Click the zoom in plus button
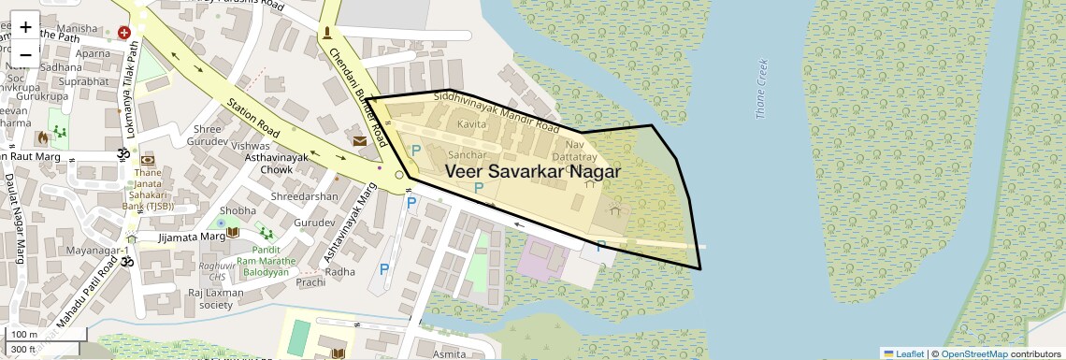[25, 26]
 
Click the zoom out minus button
[25, 54]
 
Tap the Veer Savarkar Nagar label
[533, 172]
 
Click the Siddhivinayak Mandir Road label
[497, 111]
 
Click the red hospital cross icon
[124, 33]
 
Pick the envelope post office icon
[360, 141]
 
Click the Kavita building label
[471, 124]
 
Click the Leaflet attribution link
[903, 353]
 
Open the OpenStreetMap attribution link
[973, 353]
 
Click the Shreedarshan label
[304, 197]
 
